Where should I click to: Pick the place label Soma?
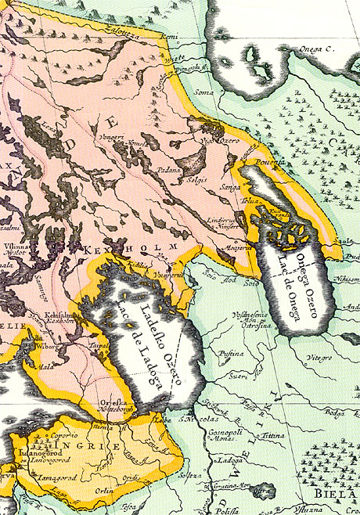tap(203, 93)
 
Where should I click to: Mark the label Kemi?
tap(168, 37)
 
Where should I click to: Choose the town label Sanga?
tap(230, 188)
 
